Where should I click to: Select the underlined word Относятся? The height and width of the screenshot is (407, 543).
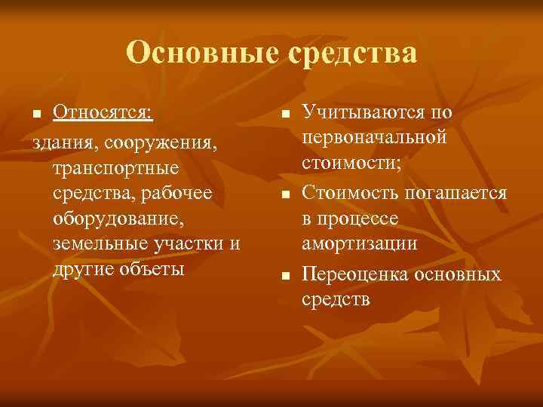[103, 114]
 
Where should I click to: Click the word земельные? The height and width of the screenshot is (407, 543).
[100, 243]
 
